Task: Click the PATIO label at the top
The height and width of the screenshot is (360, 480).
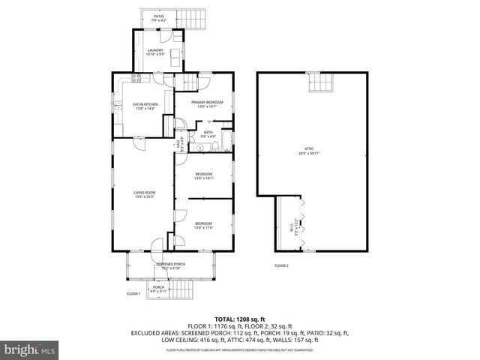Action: point(159,16)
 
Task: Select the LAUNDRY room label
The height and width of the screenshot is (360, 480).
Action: point(156,50)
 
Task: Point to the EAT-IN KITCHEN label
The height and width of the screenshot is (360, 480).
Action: point(145,104)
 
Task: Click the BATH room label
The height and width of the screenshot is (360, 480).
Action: point(208,132)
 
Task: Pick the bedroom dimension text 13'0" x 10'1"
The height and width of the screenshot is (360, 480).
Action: point(204,178)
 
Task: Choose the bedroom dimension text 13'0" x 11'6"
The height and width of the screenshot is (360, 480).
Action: point(204,228)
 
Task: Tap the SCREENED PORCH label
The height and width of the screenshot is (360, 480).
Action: point(170,264)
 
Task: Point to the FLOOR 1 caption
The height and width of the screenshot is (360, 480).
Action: point(133,293)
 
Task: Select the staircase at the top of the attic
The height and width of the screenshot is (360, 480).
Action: point(321,83)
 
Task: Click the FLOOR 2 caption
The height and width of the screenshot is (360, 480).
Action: point(281,265)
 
